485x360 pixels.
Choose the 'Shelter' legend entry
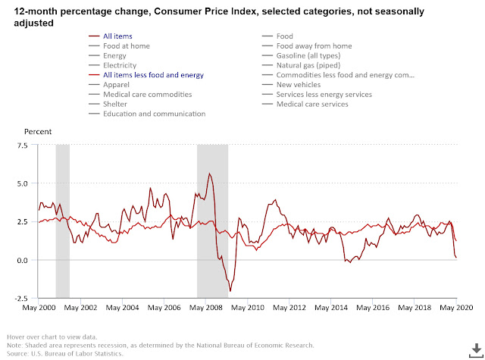pyautogui.click(x=117, y=105)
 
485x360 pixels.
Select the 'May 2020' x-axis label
pyautogui.click(x=456, y=308)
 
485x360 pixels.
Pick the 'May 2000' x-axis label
pyautogui.click(x=39, y=308)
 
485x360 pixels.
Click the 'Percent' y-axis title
pyautogui.click(x=37, y=131)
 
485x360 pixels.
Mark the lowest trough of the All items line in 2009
pyautogui.click(x=230, y=291)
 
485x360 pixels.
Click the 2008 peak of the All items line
pyautogui.click(x=210, y=174)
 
